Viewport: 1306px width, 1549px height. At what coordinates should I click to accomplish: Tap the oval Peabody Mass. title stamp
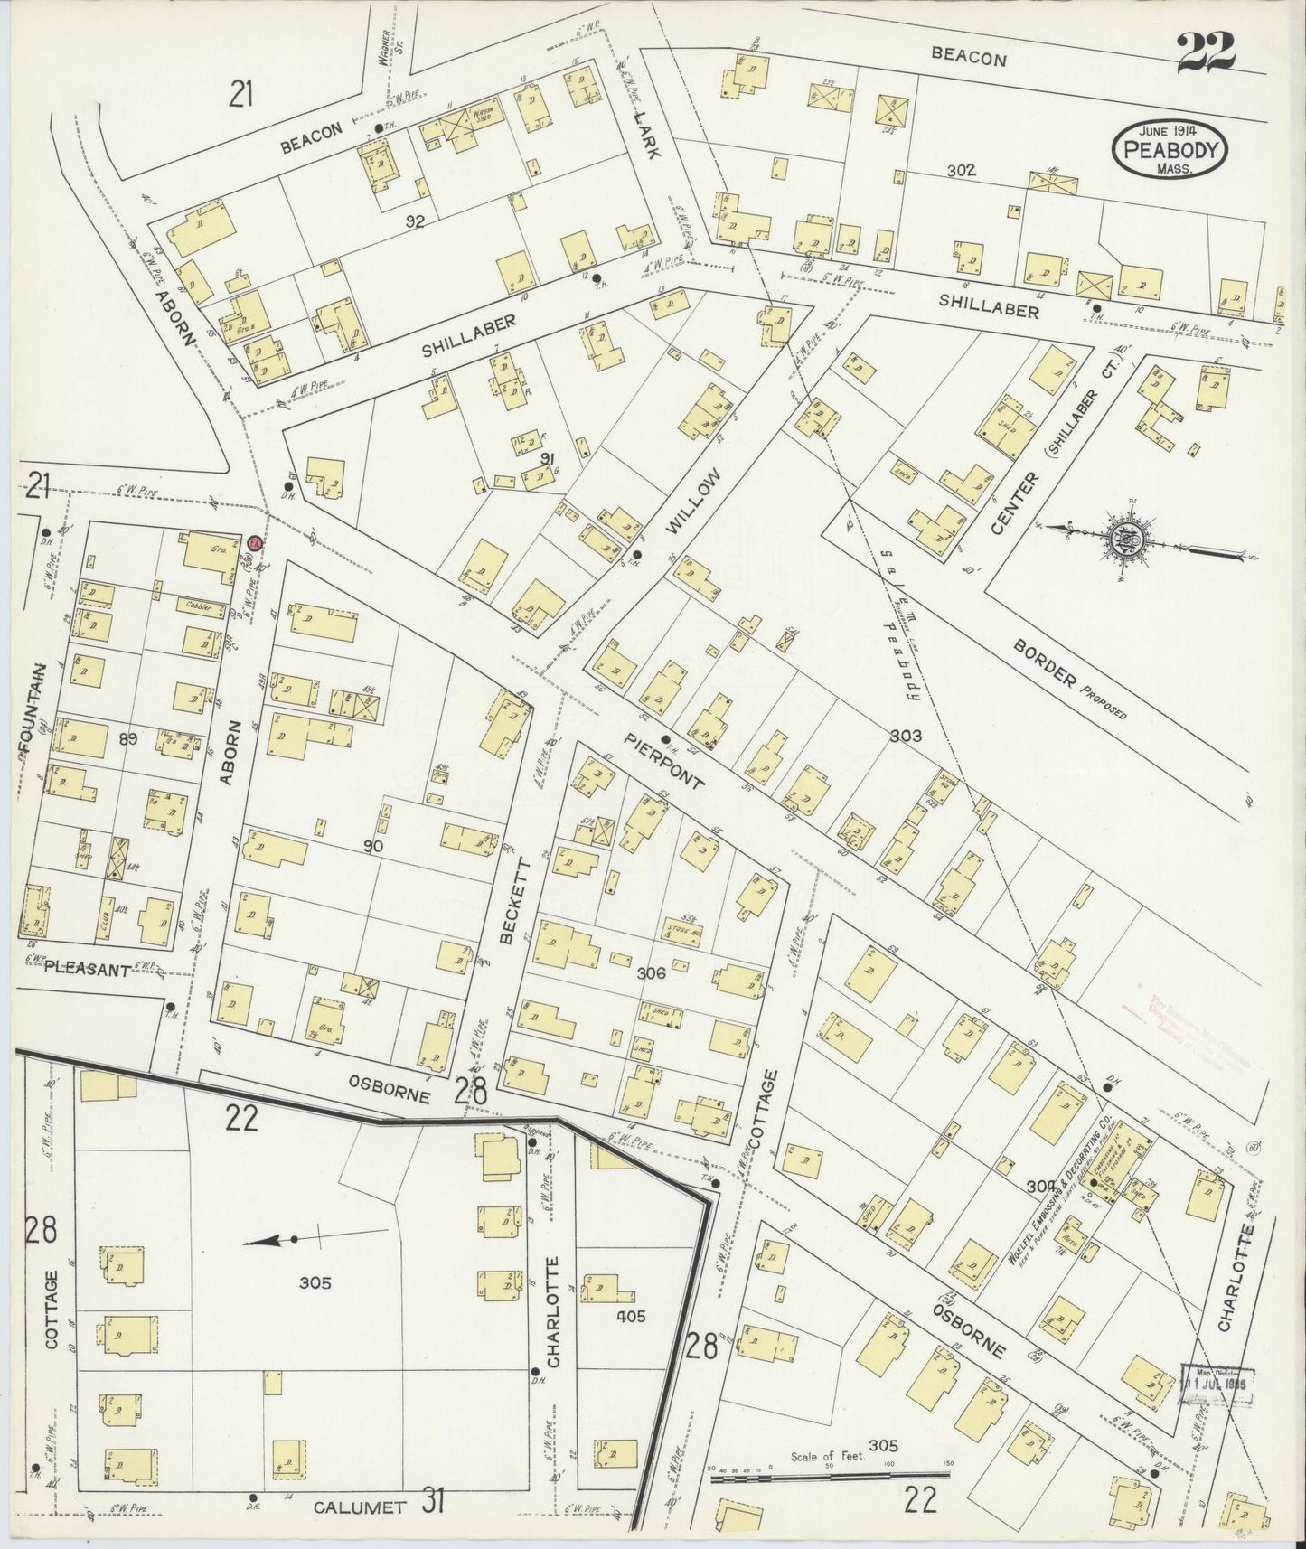coord(1170,149)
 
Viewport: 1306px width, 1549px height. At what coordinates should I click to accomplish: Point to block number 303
coord(905,736)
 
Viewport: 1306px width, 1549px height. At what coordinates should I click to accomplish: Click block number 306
coord(651,973)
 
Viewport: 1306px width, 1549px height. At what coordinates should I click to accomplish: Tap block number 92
coord(415,221)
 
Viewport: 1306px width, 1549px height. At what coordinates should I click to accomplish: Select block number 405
coord(630,1317)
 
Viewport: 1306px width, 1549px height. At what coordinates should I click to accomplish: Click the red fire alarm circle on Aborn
coord(255,543)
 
